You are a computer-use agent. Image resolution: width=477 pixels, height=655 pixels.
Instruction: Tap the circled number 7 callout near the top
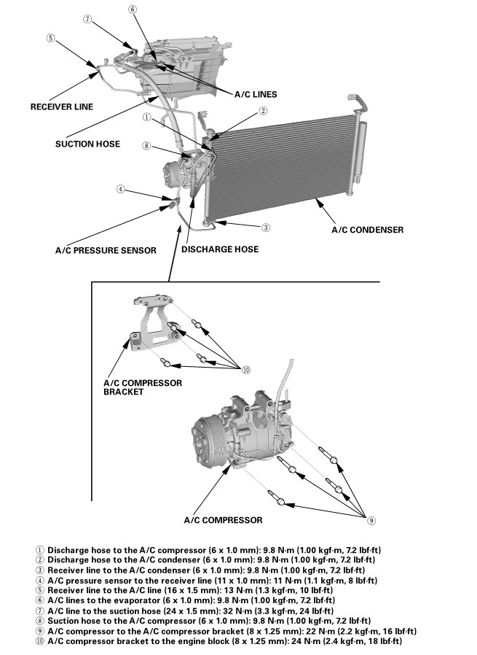pyautogui.click(x=87, y=20)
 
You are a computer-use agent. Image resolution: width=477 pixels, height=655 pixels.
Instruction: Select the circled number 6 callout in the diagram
pyautogui.click(x=132, y=9)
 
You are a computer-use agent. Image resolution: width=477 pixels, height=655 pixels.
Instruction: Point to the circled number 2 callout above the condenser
pyautogui.click(x=263, y=111)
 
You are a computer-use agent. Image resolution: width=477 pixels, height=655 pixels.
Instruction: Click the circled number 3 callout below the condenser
pyautogui.click(x=266, y=228)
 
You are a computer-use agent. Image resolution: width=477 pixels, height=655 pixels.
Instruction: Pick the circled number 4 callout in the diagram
pyautogui.click(x=120, y=190)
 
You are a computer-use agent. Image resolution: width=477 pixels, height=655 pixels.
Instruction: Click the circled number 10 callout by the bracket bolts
pyautogui.click(x=246, y=370)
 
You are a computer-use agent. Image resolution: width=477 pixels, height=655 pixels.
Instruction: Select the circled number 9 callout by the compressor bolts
pyautogui.click(x=371, y=521)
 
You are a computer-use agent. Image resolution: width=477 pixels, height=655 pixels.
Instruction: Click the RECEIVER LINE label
pyautogui.click(x=62, y=106)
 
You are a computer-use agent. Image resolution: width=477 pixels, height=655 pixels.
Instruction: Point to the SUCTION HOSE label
pyautogui.click(x=87, y=144)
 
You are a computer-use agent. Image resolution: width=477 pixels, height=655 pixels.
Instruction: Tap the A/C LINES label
pyautogui.click(x=256, y=94)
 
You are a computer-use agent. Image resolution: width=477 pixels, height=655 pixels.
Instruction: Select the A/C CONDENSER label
pyautogui.click(x=367, y=230)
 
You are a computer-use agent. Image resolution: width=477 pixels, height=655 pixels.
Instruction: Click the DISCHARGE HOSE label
pyautogui.click(x=220, y=249)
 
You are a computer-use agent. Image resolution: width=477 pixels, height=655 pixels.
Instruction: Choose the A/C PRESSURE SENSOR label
pyautogui.click(x=106, y=250)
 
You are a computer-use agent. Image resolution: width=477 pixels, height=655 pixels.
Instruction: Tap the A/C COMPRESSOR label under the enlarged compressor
pyautogui.click(x=222, y=520)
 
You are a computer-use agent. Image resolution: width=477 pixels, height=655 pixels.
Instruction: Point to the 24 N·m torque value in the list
pyautogui.click(x=308, y=641)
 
